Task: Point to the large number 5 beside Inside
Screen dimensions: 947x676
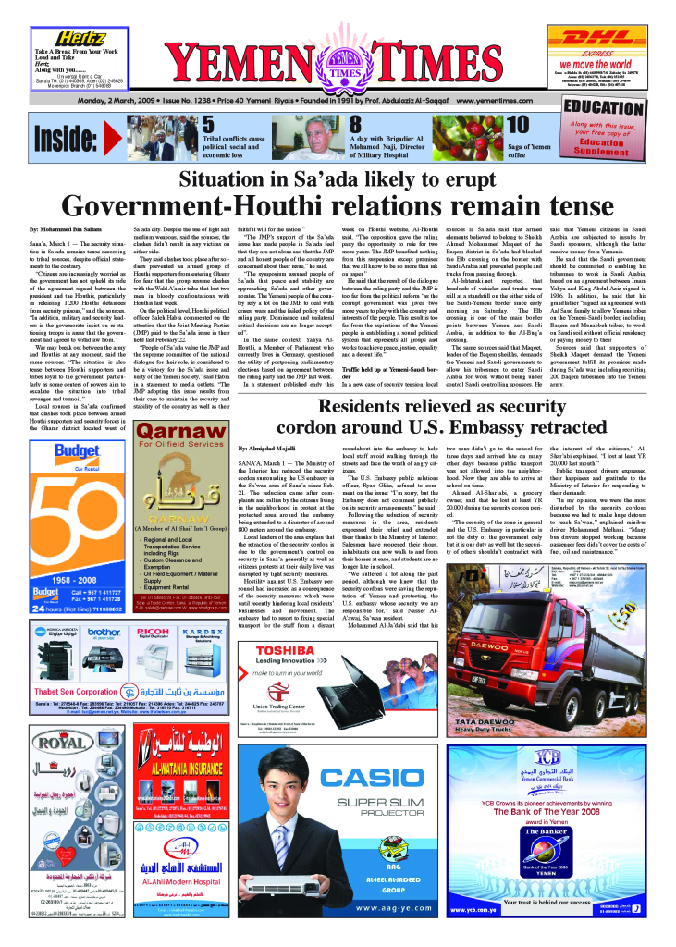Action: coord(209,125)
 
